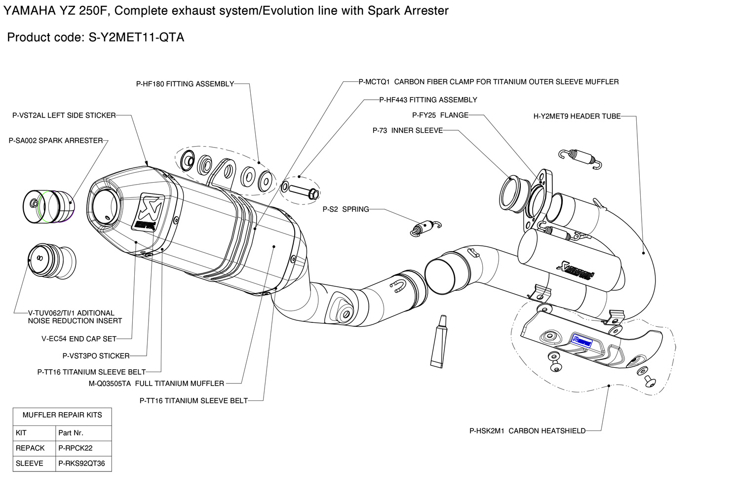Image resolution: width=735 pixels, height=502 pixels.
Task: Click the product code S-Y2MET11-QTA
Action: coord(136,38)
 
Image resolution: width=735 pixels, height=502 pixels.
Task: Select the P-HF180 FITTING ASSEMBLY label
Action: coord(185,84)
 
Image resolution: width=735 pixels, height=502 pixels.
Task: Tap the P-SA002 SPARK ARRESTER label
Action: coord(56,141)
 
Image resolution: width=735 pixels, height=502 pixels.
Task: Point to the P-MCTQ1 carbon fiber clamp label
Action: coord(489,82)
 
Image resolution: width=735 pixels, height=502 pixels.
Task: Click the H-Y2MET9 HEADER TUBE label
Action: coord(577,116)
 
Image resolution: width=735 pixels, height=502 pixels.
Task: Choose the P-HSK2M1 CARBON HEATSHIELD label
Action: coord(527,431)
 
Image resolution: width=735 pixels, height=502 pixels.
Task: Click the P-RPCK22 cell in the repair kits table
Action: coord(76,448)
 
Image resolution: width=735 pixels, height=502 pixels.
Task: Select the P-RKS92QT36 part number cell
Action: coord(81,463)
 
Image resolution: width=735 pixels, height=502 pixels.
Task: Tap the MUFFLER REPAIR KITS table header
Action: coord(62,415)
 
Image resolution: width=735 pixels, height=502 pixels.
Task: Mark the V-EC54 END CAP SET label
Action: coord(79,339)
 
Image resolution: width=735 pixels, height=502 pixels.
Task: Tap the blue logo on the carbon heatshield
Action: coord(581,340)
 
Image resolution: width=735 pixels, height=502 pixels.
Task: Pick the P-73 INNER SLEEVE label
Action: coord(408,131)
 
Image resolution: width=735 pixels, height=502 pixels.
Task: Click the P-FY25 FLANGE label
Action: coord(440,116)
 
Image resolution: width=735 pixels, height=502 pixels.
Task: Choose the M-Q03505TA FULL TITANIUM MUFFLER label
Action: coord(156,384)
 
